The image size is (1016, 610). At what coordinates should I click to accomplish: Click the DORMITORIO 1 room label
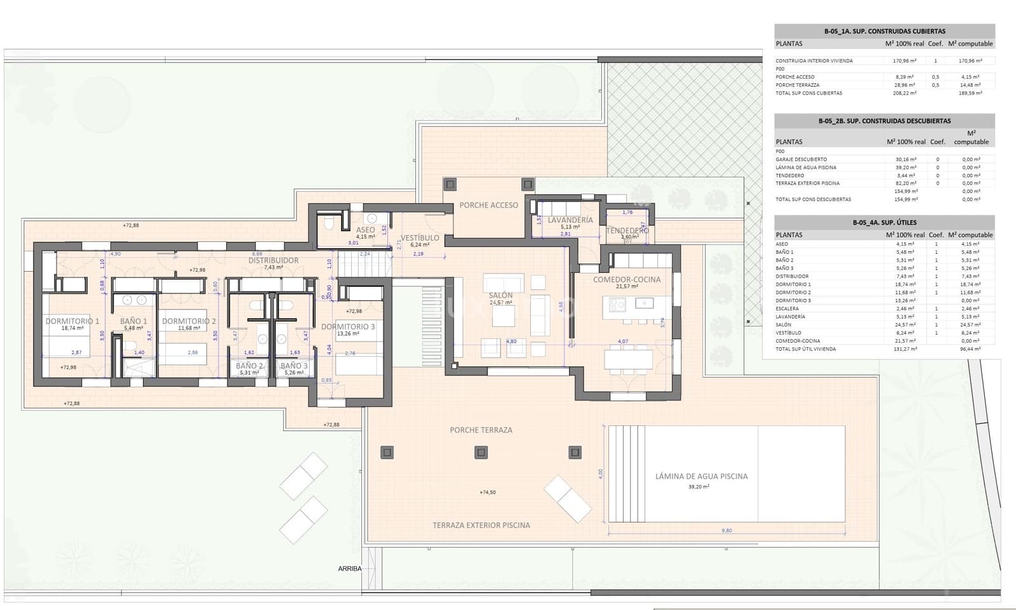72,321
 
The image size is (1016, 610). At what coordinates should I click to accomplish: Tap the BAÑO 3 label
294,366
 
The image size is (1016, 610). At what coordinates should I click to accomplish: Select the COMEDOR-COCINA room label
626,279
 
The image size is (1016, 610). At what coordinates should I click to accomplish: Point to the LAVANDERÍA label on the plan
570,220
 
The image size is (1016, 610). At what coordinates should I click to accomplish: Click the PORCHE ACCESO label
488,205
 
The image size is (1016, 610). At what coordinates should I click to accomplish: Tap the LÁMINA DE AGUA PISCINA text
701,476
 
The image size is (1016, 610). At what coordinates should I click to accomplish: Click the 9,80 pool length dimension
726,531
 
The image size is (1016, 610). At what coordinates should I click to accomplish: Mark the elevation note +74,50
487,492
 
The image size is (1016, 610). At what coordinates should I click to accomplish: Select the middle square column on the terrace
481,453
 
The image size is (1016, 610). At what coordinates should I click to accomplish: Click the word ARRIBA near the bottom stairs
349,569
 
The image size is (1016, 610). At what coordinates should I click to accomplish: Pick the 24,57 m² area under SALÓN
500,303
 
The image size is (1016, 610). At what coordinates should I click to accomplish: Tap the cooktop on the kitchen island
617,305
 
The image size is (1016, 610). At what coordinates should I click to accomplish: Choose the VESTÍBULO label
419,238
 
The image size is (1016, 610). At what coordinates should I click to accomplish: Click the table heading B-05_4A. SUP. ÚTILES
884,223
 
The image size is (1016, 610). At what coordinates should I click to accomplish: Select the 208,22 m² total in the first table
904,93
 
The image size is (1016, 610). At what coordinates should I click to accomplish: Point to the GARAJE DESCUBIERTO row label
801,159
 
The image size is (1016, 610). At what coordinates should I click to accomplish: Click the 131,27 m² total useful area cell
904,349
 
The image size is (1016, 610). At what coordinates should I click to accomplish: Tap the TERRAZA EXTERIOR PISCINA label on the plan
481,525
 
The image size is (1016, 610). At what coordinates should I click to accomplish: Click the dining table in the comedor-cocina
627,359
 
